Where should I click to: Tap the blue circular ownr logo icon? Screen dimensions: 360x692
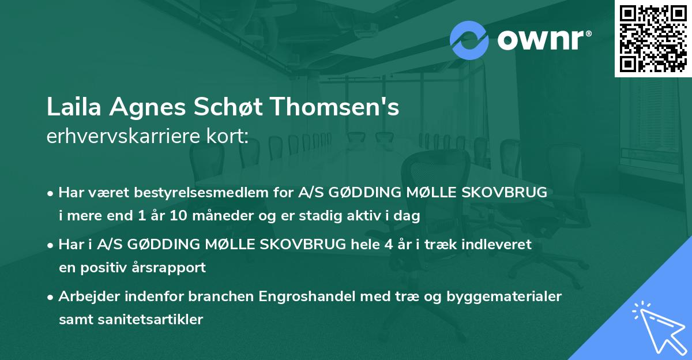tap(469, 40)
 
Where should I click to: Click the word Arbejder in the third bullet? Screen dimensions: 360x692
tap(89, 297)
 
